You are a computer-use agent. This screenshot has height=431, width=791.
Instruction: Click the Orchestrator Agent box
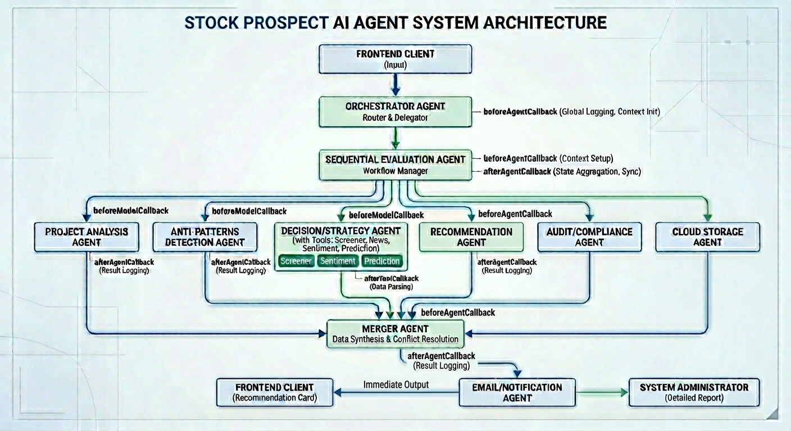[395, 112]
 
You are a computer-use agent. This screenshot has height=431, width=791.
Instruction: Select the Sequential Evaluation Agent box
[395, 165]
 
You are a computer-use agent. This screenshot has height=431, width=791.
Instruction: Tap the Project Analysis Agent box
[87, 236]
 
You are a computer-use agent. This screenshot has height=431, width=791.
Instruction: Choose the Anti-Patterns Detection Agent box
[204, 236]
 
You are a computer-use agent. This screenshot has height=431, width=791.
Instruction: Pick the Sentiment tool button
[338, 261]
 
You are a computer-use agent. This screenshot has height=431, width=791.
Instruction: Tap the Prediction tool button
[382, 261]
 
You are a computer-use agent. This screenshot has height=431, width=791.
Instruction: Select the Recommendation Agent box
[471, 236]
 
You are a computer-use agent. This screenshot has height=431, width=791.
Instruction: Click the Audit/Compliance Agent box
[589, 236]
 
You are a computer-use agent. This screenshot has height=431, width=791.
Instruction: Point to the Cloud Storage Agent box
[707, 236]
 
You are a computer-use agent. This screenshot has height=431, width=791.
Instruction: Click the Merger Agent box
[395, 333]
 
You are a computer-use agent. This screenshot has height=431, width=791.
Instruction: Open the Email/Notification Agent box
[517, 392]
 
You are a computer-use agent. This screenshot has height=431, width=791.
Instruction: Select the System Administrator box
[694, 392]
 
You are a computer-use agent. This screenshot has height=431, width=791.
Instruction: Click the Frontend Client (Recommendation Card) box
[275, 392]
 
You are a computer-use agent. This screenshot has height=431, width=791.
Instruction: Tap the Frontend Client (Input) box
[395, 59]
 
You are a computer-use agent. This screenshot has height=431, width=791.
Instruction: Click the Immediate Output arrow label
[396, 385]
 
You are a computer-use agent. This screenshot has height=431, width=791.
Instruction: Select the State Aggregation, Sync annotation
[597, 171]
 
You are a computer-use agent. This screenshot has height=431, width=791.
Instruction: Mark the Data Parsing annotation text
[391, 287]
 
